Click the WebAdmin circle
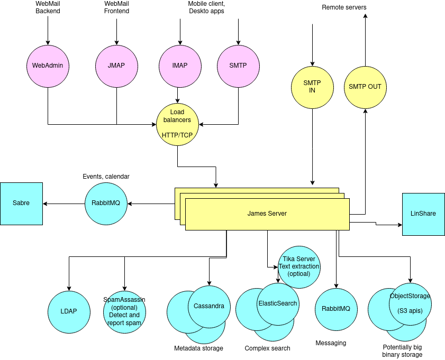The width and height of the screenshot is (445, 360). coord(48,66)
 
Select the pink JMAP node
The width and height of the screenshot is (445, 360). coord(116,66)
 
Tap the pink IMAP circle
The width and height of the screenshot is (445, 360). coord(180,66)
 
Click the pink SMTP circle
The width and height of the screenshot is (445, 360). coord(238,66)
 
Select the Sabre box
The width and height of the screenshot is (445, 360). coord(21,204)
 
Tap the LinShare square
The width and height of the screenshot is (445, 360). coord(423,214)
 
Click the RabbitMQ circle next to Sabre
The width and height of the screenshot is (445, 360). coord(106,204)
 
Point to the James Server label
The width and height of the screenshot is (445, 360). coord(267,214)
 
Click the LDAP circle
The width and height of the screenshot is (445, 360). coord(69,311)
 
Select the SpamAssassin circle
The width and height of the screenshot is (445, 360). coord(124,311)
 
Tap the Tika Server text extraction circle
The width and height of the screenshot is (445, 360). coord(299,267)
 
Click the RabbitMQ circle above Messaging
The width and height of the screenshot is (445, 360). coord(336,309)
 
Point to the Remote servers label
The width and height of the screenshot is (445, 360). coord(344,7)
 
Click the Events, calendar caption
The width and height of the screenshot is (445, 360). coord(106,176)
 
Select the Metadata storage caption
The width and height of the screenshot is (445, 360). coord(198,348)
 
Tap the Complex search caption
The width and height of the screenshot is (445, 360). coord(267,348)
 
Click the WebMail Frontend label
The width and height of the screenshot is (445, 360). coord(116,7)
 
